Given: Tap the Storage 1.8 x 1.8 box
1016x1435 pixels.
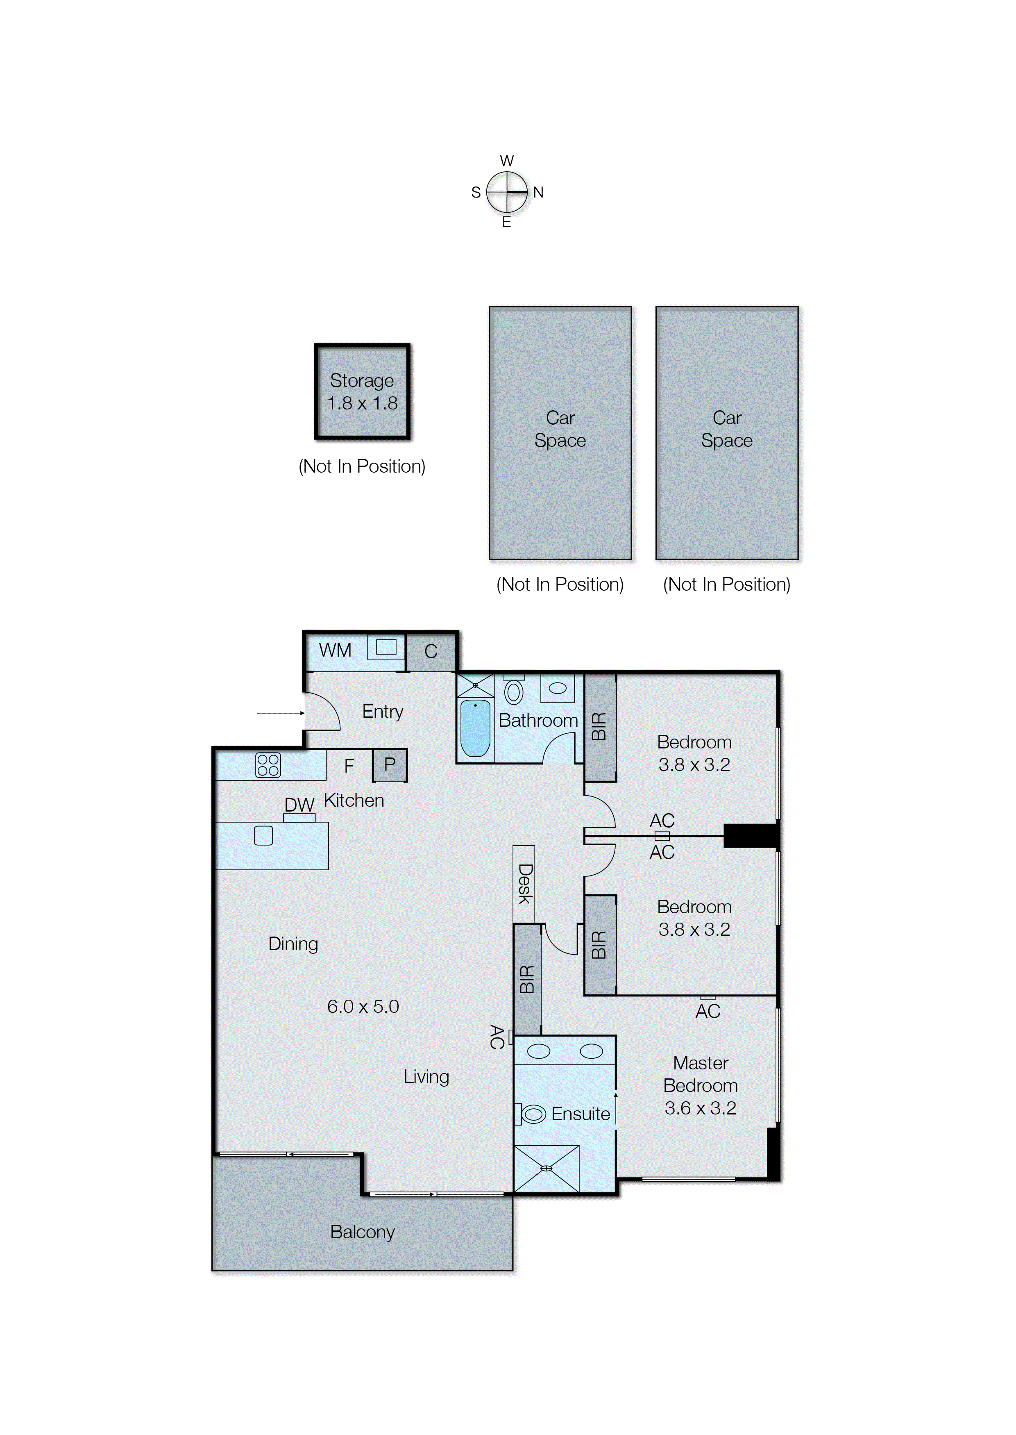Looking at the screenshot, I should (x=362, y=392).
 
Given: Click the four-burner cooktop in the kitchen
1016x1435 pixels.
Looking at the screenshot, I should (x=268, y=765).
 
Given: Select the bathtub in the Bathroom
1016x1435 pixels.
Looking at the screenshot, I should (x=476, y=728).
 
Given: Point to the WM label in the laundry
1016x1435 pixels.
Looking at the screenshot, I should (x=336, y=650).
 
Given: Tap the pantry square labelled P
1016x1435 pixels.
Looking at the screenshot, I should (x=390, y=765).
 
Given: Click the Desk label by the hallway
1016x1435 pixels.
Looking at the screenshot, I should (x=524, y=884).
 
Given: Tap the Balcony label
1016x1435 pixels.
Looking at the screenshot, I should (x=362, y=1232).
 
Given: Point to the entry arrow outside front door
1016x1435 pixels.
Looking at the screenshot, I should (x=280, y=713).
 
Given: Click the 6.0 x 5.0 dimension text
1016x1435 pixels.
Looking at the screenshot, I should (x=363, y=1006).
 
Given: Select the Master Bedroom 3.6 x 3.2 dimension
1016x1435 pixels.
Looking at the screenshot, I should (x=700, y=1108).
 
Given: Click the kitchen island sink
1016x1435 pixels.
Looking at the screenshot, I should (x=263, y=835).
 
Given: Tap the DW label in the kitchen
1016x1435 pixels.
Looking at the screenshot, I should (x=299, y=805).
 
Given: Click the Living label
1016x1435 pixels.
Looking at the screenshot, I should (x=426, y=1076).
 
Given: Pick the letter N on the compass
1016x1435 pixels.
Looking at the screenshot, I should (x=538, y=192).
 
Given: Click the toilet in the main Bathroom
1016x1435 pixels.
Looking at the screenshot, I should (x=514, y=692).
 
